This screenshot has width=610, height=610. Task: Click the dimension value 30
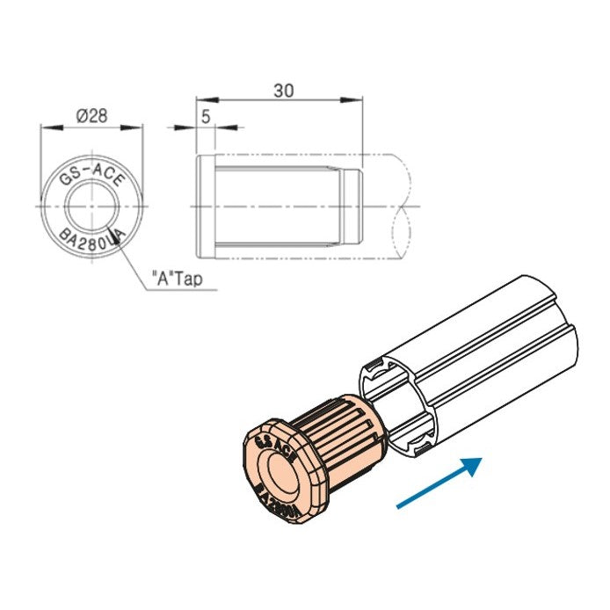(283, 90)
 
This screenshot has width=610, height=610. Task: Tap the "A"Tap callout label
(179, 280)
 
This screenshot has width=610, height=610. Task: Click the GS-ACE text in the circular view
(91, 173)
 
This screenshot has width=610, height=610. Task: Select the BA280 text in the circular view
(88, 239)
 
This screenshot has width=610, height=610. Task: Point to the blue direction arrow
(439, 483)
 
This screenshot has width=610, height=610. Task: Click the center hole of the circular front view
(91, 206)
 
